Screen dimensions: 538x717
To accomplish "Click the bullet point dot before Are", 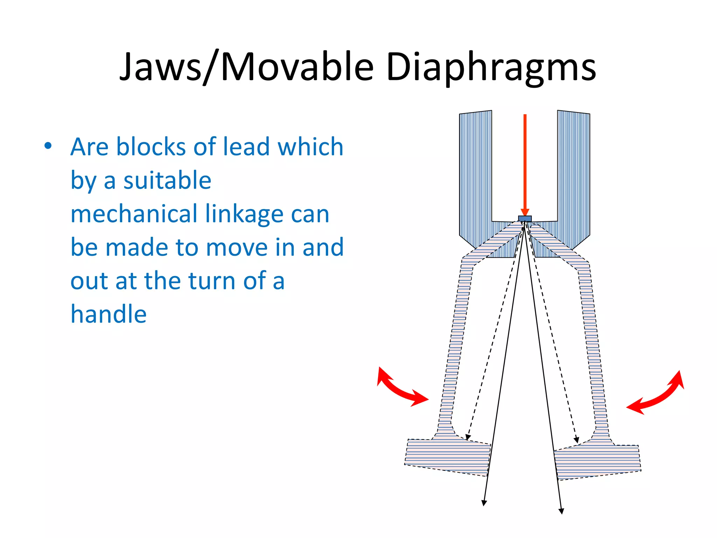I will coord(48,146).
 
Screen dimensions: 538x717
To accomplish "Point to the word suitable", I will coord(167,180).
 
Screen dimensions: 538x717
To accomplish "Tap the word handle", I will coord(109,314).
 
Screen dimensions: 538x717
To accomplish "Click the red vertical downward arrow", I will coord(525,165).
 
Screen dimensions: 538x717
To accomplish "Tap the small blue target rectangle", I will coord(525,219).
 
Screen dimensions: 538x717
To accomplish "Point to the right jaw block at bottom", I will coord(597,462).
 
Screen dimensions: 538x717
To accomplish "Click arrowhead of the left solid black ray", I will coord(484,503).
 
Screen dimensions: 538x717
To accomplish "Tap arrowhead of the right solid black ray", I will coord(561,511).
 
